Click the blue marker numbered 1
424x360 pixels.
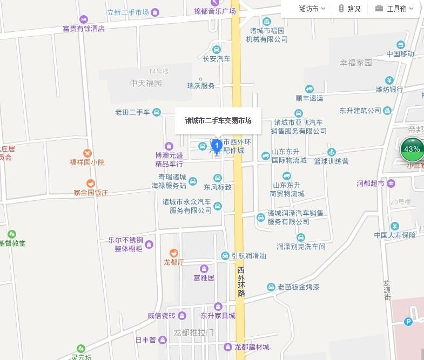(217, 146)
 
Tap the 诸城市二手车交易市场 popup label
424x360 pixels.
(218, 120)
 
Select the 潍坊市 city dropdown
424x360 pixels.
(312, 9)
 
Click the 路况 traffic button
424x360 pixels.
(349, 9)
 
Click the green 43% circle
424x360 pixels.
(412, 150)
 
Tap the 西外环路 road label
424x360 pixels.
(241, 281)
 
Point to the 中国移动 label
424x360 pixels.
(400, 54)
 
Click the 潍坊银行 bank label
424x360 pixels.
(389, 89)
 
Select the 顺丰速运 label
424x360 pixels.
(309, 98)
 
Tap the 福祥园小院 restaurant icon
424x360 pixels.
(88, 153)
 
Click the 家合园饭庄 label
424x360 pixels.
(91, 193)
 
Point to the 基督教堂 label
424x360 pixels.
(12, 243)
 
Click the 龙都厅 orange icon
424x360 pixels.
(174, 253)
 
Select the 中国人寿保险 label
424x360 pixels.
(395, 235)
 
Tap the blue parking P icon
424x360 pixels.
(409, 322)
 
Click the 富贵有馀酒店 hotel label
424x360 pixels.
(84, 29)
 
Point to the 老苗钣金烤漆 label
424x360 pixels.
(298, 287)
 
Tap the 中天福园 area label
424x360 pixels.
(146, 83)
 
